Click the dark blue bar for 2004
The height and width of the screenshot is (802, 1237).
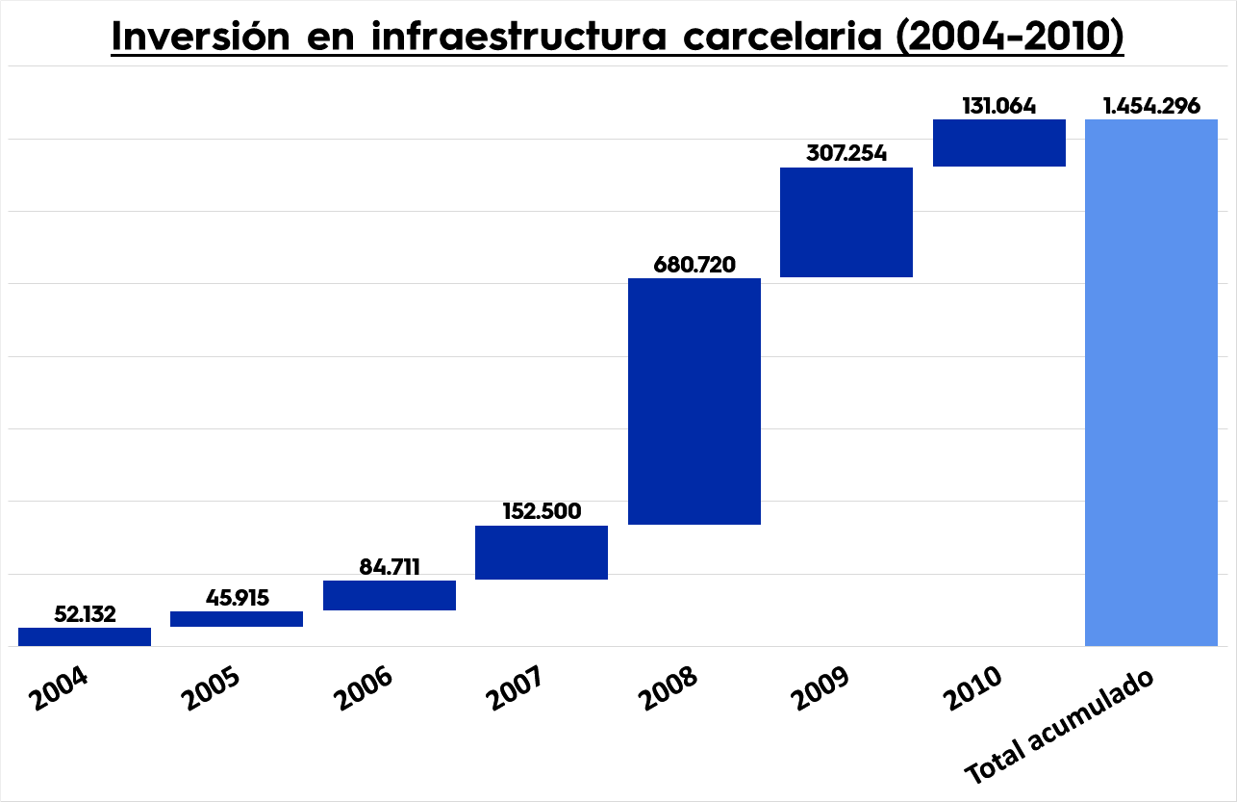85,636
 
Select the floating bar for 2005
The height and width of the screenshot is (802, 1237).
237,619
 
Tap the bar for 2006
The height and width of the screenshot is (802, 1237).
390,595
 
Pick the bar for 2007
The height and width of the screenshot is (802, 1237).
542,553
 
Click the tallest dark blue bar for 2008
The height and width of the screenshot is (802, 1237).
694,401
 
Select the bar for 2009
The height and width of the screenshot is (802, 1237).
846,222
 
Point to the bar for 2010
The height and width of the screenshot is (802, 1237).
999,143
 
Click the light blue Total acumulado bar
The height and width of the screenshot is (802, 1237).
1151,383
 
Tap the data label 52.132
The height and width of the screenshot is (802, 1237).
85,614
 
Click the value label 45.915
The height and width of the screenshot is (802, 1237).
237,598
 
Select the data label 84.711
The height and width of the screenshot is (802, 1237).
390,567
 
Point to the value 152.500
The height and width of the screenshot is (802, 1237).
542,511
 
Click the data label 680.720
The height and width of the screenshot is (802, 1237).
694,265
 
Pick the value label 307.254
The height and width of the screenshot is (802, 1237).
846,154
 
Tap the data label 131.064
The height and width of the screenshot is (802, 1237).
999,106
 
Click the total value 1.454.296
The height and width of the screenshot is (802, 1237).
1151,106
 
